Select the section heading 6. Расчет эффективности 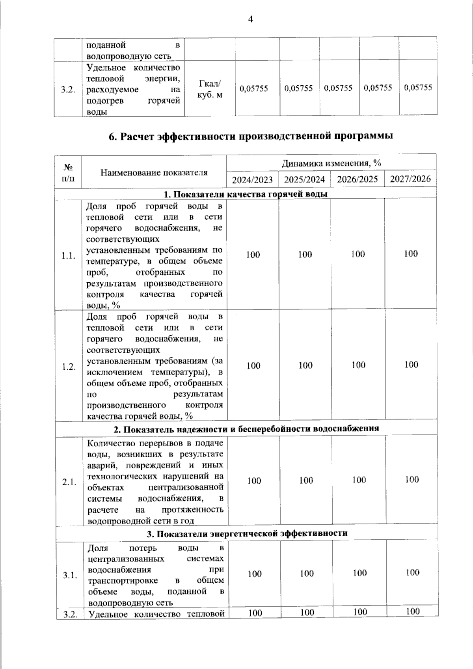point(251,136)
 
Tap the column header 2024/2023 point(252,180)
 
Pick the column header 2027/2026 point(410,179)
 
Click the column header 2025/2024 point(304,180)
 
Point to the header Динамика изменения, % point(331,163)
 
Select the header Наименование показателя point(154,172)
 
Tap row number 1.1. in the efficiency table point(68,256)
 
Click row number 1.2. point(69,367)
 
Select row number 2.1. point(69,482)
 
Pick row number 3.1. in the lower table point(69,575)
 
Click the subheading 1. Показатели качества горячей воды point(245,194)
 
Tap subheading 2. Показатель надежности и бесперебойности point(246,429)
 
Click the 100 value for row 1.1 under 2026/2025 point(358,254)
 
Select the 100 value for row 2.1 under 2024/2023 point(254,481)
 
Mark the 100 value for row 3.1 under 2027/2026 point(412,572)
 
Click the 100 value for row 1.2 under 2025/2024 point(305,365)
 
